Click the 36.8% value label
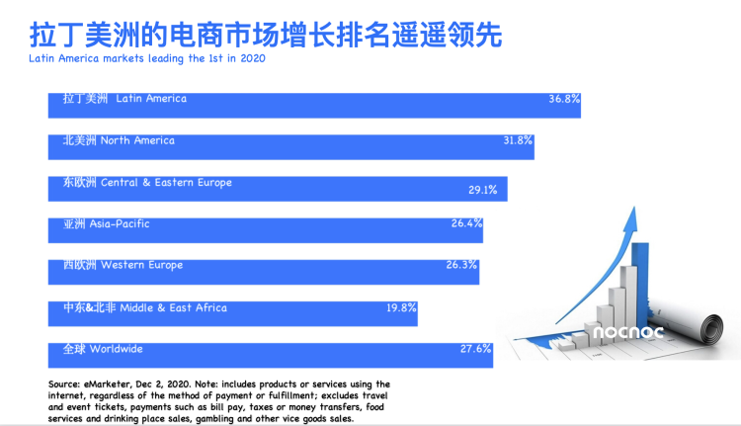(564, 99)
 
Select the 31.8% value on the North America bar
(518, 140)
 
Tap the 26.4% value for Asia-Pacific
(466, 223)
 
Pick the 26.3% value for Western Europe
(462, 265)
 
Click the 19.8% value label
(402, 307)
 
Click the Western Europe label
(123, 265)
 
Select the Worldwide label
(103, 349)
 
